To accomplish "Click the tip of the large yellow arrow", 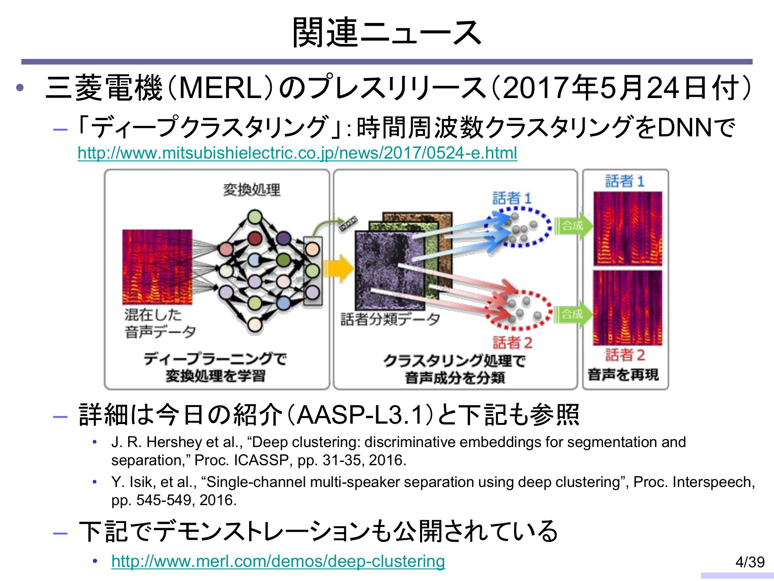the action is (x=354, y=268).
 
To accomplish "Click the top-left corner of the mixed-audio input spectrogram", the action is (x=123, y=230).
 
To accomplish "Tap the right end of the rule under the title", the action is (x=752, y=62).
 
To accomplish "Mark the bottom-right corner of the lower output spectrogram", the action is (x=662, y=345).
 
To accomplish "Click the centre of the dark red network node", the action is (x=255, y=238).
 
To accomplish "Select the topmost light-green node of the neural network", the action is (x=255, y=217).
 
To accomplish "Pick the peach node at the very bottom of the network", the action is (x=255, y=324).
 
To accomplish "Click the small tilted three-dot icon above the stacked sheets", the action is (x=348, y=224).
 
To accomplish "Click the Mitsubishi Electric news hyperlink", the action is (x=297, y=153).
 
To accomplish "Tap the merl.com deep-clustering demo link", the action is (x=278, y=561).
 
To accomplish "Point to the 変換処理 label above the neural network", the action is (x=252, y=190).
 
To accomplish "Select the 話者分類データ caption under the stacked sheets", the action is (x=390, y=319).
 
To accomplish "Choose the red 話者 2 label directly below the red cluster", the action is (x=512, y=343).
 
